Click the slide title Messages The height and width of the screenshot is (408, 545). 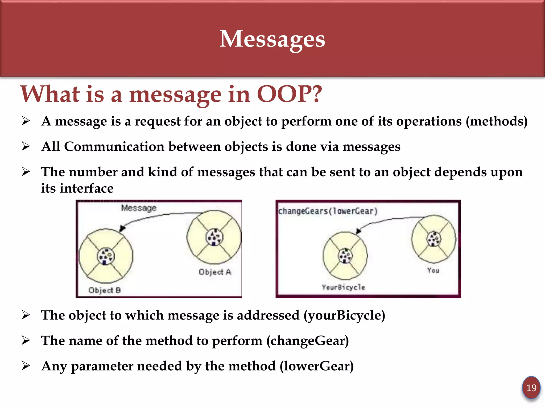pyautogui.click(x=272, y=39)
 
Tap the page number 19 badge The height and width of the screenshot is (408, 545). pyautogui.click(x=531, y=388)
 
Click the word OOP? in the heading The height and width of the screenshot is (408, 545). pyautogui.click(x=289, y=94)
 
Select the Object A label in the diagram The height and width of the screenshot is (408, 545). pyautogui.click(x=215, y=272)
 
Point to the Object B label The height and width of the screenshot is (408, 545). pyautogui.click(x=105, y=290)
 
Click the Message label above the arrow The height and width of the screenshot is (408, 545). pyautogui.click(x=139, y=208)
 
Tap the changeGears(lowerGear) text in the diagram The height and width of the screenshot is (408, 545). pyautogui.click(x=328, y=211)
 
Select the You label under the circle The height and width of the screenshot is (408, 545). pyautogui.click(x=433, y=270)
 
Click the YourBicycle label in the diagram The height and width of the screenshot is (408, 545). pyautogui.click(x=343, y=287)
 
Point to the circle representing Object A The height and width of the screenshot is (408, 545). pyautogui.click(x=214, y=237)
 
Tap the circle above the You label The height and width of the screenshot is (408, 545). pyautogui.click(x=434, y=239)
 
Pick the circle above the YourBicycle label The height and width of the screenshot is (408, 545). pyautogui.click(x=345, y=256)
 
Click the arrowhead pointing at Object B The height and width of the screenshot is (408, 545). pyautogui.click(x=122, y=228)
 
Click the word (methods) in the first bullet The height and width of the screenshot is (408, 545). pyautogui.click(x=496, y=121)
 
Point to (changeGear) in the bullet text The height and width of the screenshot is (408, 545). pyautogui.click(x=308, y=341)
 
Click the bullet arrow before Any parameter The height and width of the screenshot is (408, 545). pyautogui.click(x=26, y=366)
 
